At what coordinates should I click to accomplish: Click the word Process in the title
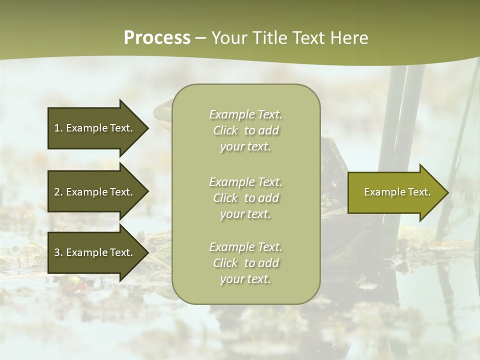pos(157,38)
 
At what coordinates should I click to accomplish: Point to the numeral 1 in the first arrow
pos(57,128)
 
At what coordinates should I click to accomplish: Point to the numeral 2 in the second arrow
pos(57,192)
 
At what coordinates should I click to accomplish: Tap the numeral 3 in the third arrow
pos(57,252)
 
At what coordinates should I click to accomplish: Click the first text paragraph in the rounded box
pos(245,130)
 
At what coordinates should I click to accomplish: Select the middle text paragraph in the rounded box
pos(245,198)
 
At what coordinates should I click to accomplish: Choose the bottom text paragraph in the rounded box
pos(245,263)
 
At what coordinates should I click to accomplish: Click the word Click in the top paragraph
pos(225,130)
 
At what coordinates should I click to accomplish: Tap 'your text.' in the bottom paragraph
pos(245,279)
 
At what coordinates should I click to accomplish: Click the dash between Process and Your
pos(201,38)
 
